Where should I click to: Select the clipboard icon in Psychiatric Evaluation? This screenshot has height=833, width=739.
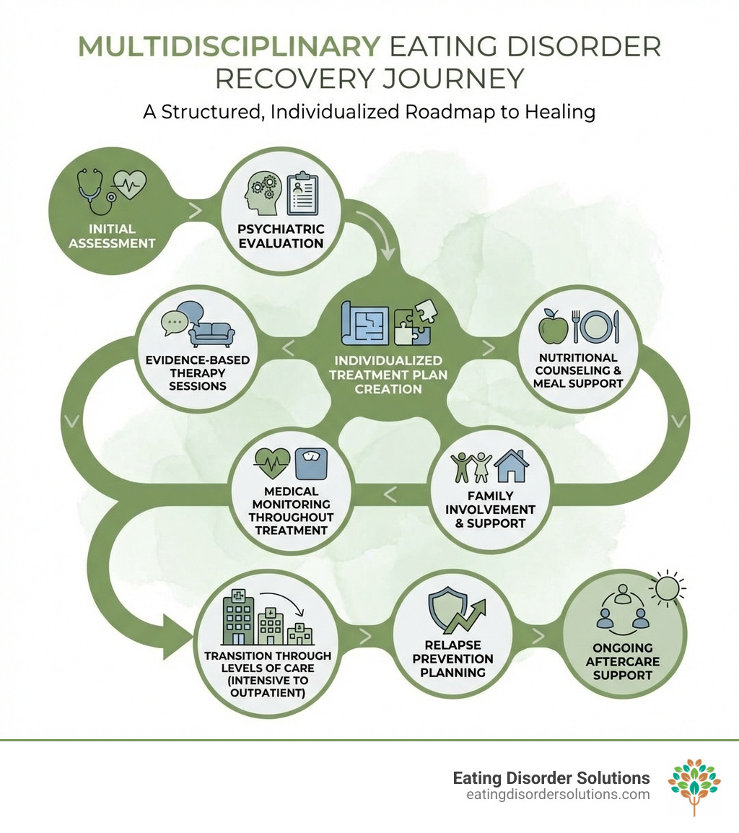[302, 193]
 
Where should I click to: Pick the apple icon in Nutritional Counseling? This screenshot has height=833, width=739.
[554, 328]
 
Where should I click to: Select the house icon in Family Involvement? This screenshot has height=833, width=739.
[511, 467]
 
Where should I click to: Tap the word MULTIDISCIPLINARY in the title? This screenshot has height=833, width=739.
[229, 45]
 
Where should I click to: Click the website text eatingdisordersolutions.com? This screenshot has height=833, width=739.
[558, 795]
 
